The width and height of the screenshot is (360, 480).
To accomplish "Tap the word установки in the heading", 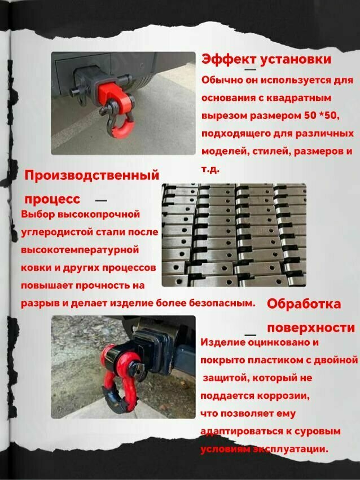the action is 296,59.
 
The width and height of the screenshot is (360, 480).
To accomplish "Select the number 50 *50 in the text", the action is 322,116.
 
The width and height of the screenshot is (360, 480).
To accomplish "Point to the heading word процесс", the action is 52,199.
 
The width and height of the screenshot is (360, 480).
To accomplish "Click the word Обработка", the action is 304,303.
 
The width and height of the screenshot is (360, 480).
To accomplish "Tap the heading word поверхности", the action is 311,328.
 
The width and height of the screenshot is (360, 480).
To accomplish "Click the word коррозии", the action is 283,396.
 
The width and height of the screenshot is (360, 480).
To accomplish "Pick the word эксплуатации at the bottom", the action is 291,449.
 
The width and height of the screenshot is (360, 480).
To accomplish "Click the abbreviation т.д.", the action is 210,169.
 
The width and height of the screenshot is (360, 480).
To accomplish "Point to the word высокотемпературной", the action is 80,250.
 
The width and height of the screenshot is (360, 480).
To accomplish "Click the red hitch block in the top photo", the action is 109,91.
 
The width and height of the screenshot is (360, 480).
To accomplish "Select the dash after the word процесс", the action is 101,201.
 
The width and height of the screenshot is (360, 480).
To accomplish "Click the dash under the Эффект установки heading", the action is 251,70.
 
